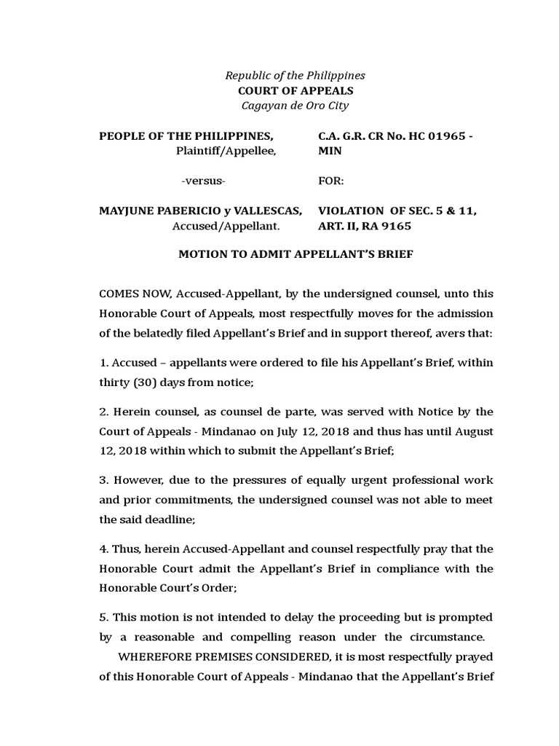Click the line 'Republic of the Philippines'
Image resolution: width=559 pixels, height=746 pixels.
coord(295,76)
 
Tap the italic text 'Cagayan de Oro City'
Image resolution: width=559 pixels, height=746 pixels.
coord(295,106)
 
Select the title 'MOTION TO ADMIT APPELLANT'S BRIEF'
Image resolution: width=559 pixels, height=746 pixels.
coord(296,255)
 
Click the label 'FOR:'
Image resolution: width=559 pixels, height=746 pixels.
coord(331,181)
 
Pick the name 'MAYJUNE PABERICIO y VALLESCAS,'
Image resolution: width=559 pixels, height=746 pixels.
coord(200,211)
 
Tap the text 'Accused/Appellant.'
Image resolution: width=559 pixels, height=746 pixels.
coord(225,226)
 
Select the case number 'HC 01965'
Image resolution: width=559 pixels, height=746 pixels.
coord(434,136)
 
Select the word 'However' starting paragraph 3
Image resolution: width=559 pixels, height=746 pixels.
coord(136,480)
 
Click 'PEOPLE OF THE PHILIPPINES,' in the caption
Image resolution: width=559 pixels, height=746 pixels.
coord(186,136)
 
